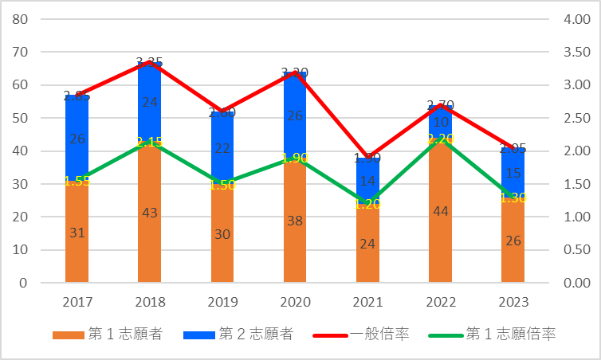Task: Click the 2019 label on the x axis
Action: (222, 303)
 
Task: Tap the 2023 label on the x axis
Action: (513, 303)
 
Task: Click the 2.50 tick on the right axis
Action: (577, 118)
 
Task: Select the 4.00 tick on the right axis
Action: (577, 19)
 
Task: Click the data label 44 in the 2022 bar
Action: (440, 212)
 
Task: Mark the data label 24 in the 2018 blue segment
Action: (149, 102)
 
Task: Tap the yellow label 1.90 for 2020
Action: (295, 158)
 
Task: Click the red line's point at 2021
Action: (367, 158)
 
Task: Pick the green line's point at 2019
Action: (222, 184)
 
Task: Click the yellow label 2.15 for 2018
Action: (149, 142)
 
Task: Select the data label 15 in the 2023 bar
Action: (513, 173)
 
